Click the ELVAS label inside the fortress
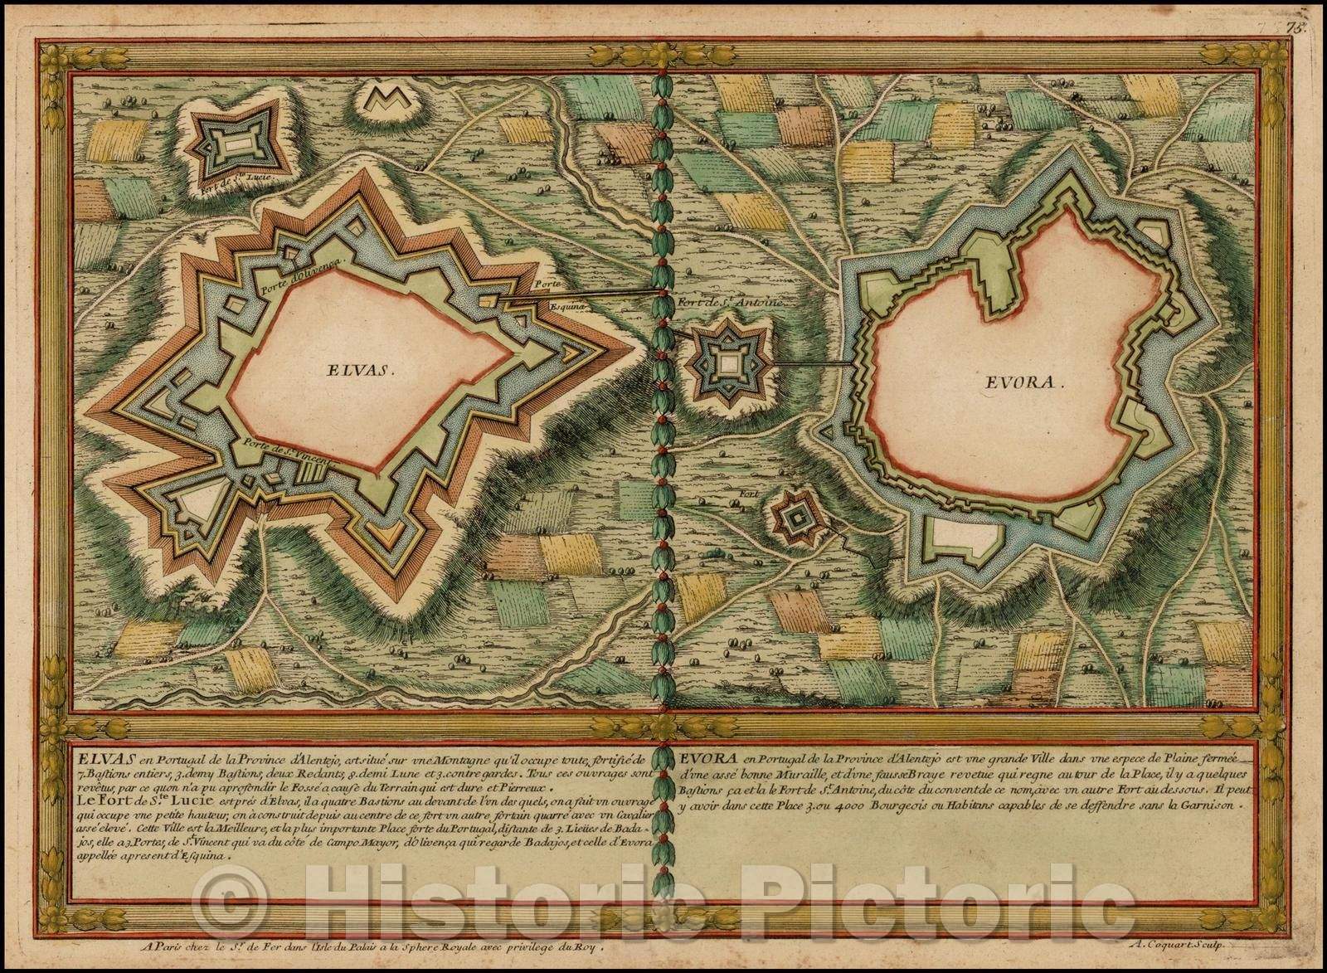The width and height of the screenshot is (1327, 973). point(358,372)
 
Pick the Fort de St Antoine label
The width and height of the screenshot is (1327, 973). point(731,303)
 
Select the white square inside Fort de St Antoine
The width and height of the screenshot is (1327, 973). point(728,362)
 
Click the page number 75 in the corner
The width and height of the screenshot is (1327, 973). point(1312,7)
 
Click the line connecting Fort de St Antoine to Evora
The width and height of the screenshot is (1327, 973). point(809,364)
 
